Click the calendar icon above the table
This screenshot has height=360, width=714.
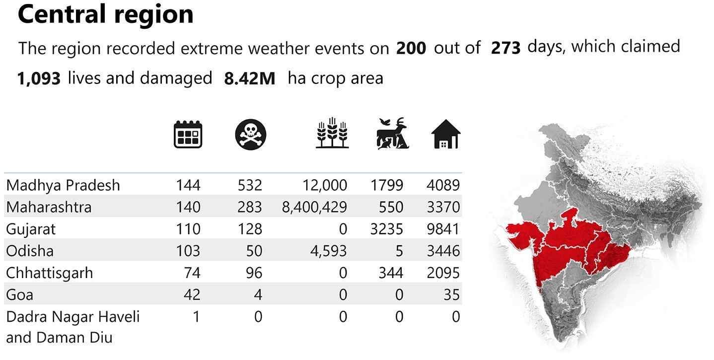coord(188,134)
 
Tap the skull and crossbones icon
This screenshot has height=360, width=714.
coord(250,135)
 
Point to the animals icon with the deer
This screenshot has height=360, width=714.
coord(392,134)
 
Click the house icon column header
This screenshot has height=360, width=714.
coord(445,135)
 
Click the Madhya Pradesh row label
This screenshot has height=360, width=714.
coord(63,186)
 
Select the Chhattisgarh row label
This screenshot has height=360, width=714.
coord(49,273)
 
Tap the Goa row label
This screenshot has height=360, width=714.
coord(20,295)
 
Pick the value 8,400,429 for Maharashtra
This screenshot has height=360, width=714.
coord(314,207)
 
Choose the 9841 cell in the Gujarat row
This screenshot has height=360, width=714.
coord(443,229)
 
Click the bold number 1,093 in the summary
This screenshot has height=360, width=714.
coord(39,78)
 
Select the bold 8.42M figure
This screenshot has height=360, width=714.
coord(250,79)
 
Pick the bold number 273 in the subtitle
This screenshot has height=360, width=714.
coord(505,48)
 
